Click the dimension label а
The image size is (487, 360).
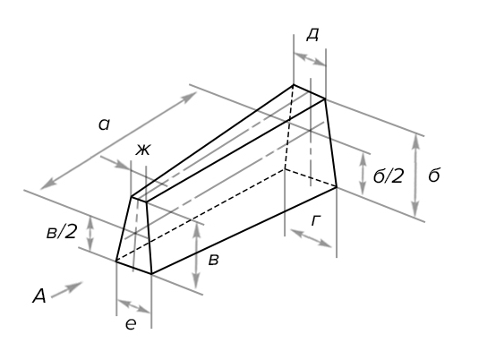pyautogui.click(x=104, y=124)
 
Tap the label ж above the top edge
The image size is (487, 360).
pyautogui.click(x=142, y=150)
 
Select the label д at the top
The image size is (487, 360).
pyautogui.click(x=312, y=35)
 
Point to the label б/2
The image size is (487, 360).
pyautogui.click(x=389, y=176)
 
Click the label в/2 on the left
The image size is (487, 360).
pyautogui.click(x=61, y=231)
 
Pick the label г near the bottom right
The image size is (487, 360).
pyautogui.click(x=315, y=221)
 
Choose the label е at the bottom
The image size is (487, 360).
pyautogui.click(x=131, y=324)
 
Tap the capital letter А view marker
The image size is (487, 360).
pyautogui.click(x=39, y=296)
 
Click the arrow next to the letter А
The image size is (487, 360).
pyautogui.click(x=67, y=290)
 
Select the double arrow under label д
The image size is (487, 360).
pyautogui.click(x=310, y=59)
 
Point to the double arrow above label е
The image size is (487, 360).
pyautogui.click(x=134, y=306)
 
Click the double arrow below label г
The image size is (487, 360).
pyautogui.click(x=311, y=238)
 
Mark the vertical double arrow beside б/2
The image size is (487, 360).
pyautogui.click(x=363, y=174)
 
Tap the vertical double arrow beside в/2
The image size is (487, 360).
pyautogui.click(x=90, y=234)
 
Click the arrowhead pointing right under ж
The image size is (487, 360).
pyautogui.click(x=122, y=165)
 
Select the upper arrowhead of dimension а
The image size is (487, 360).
pyautogui.click(x=189, y=97)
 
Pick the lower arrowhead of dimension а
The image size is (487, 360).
pyautogui.click(x=48, y=184)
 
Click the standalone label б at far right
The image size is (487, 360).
pyautogui.click(x=434, y=176)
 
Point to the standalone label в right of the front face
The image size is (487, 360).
pyautogui.click(x=213, y=260)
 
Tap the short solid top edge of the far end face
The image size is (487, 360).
pyautogui.click(x=310, y=91)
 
